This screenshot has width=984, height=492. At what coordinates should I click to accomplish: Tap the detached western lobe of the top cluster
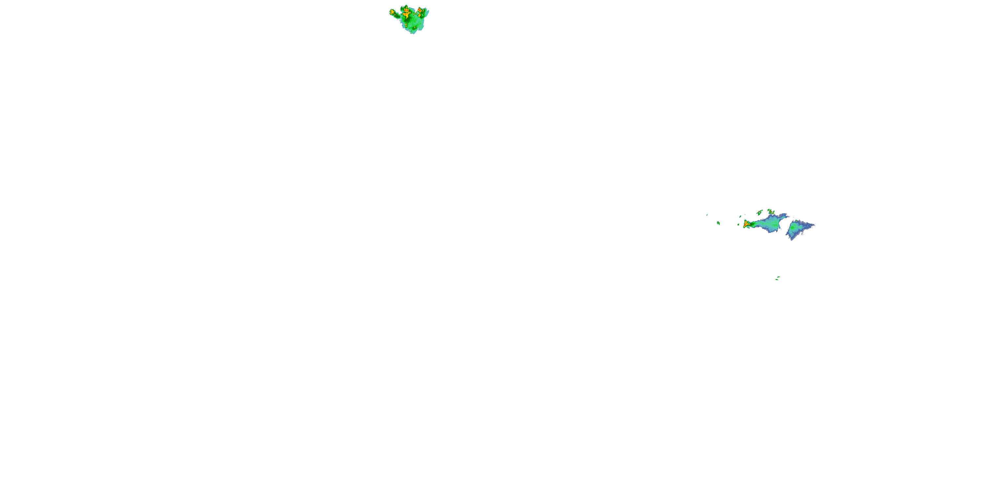(392, 12)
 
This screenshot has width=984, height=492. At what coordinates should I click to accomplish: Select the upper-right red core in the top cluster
(420, 10)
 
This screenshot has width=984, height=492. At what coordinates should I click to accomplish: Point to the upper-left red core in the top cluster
(406, 10)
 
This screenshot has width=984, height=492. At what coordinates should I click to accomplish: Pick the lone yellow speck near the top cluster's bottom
(415, 28)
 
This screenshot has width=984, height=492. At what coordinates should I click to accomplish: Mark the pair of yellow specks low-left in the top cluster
(406, 26)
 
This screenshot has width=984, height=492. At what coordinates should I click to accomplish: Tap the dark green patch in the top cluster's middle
(407, 20)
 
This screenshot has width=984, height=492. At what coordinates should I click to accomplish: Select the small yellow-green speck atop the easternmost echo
(796, 221)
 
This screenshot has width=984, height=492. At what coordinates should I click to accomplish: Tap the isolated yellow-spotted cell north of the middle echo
(771, 212)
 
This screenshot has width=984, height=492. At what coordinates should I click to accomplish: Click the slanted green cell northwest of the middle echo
(760, 213)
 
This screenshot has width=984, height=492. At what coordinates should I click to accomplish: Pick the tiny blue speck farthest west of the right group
(707, 215)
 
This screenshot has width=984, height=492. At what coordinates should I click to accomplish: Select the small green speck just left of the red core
(738, 225)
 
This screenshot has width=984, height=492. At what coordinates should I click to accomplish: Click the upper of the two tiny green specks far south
(778, 277)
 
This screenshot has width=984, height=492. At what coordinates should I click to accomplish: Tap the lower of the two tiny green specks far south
(777, 279)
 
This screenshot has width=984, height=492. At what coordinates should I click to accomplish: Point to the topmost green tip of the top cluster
(406, 5)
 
